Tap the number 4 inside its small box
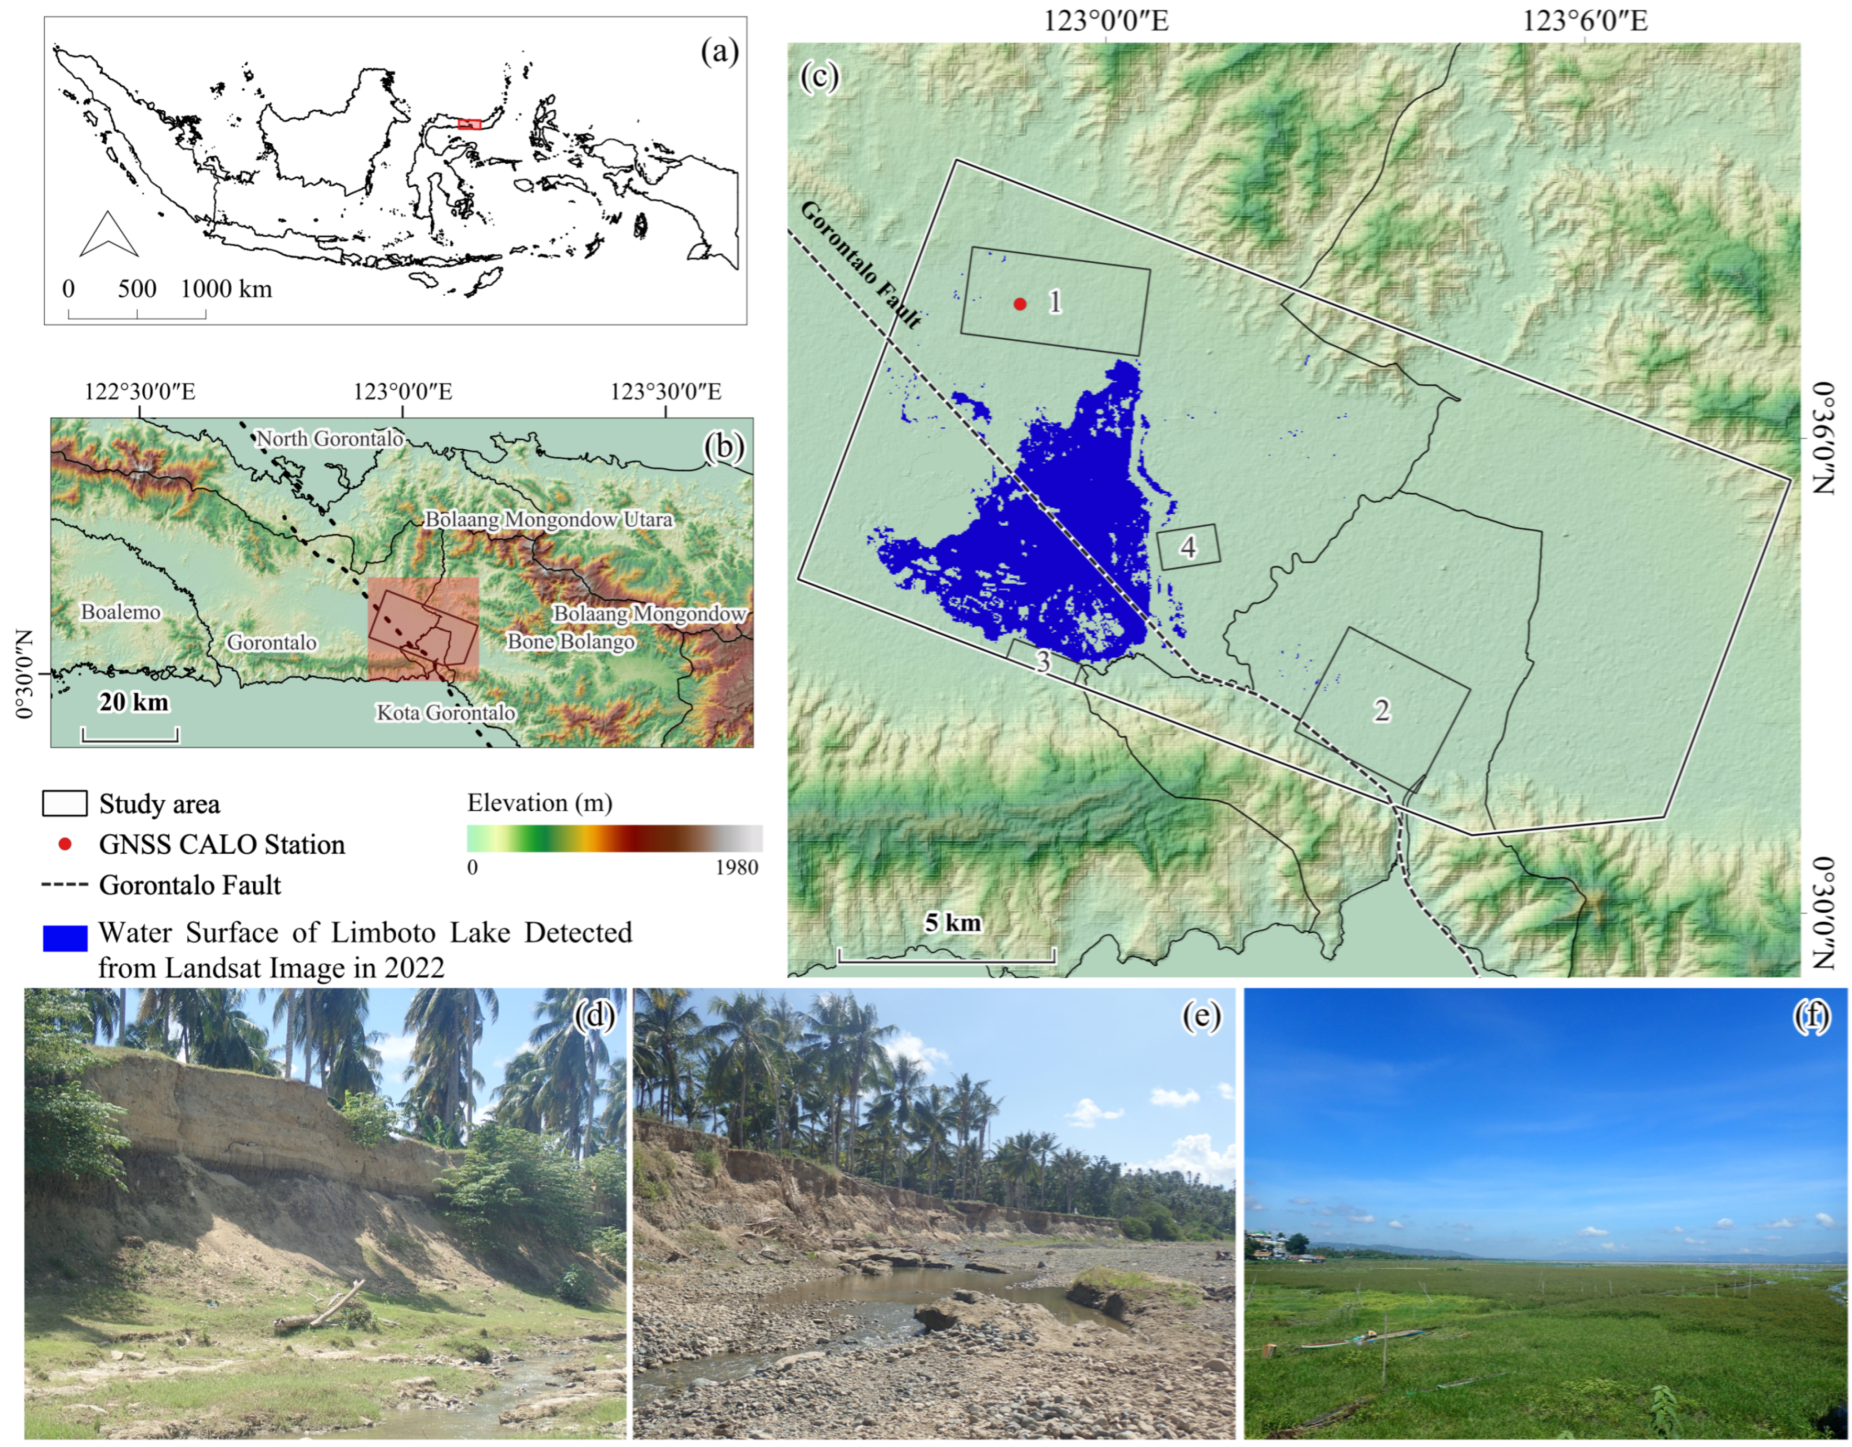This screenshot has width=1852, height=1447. (x=1189, y=548)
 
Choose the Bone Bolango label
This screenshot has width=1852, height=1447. (x=571, y=642)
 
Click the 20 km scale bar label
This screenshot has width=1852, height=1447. (x=133, y=702)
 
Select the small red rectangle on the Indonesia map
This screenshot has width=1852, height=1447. (x=469, y=124)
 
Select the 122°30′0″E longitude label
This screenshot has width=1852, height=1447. (x=141, y=393)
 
